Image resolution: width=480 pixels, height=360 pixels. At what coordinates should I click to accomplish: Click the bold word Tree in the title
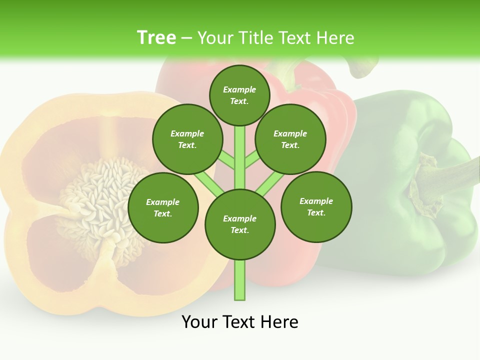coord(156,38)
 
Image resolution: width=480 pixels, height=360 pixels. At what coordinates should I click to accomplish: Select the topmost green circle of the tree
coord(239,95)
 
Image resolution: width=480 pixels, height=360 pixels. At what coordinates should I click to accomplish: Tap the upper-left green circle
coord(187,139)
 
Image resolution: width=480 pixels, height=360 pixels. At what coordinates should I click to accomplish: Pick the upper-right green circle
coord(290,139)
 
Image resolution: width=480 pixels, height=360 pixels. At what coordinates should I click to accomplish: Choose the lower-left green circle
coord(163,207)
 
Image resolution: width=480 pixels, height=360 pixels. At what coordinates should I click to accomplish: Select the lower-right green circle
coord(316,206)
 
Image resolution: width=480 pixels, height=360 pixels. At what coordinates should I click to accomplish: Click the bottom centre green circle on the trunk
coord(240,224)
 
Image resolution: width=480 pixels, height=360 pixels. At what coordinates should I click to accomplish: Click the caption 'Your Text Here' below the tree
coord(240,321)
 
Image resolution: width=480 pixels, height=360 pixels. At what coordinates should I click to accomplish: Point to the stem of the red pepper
coord(290,72)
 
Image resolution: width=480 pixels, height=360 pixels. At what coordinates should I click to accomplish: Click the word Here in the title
coord(335,38)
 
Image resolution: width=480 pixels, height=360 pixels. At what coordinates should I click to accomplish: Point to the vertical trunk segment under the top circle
coord(240,155)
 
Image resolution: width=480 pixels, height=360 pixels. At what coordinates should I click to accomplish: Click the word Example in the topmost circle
coord(239,89)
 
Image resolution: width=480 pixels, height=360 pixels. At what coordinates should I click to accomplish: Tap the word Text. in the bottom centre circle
coord(239,230)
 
